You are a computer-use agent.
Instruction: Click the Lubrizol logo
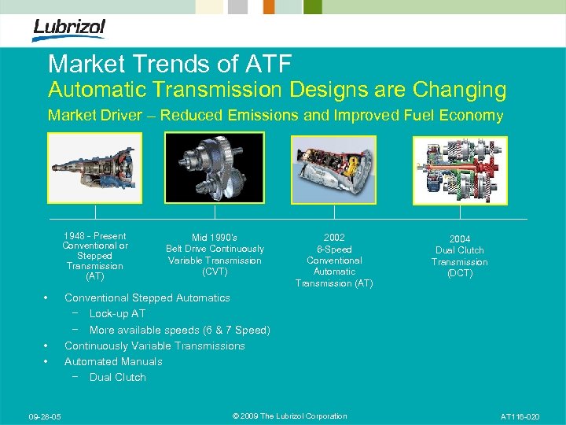click(68, 29)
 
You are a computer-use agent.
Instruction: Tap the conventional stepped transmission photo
click(95, 168)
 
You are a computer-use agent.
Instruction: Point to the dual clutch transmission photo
click(460, 168)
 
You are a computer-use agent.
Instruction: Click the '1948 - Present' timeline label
click(95, 236)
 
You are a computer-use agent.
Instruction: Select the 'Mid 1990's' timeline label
click(215, 238)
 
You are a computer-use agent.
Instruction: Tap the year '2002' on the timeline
click(334, 238)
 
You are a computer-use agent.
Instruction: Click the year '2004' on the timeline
click(460, 239)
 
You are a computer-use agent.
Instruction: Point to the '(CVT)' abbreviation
click(215, 272)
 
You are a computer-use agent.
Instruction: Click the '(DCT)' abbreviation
click(460, 273)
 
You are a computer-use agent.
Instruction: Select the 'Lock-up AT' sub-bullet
click(117, 314)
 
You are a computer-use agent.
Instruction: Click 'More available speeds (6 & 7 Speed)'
click(179, 330)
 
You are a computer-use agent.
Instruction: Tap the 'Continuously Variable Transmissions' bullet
click(155, 346)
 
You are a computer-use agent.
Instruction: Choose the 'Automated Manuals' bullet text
click(113, 361)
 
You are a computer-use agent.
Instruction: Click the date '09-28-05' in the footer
click(45, 416)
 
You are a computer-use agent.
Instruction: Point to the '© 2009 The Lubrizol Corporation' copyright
click(290, 416)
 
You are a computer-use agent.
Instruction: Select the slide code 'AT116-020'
click(520, 416)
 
